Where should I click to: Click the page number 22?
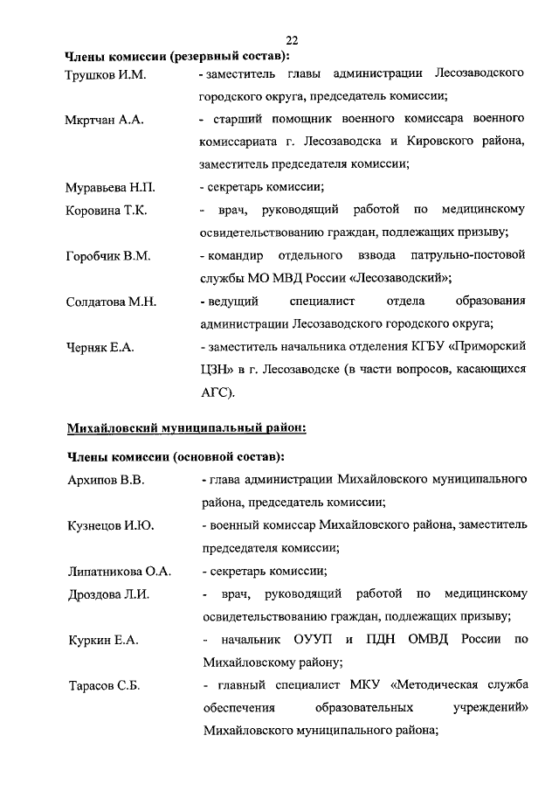[x=292, y=40]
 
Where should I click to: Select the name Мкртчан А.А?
[x=104, y=120]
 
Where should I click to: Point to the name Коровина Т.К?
[x=107, y=211]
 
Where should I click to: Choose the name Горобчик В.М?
[x=109, y=256]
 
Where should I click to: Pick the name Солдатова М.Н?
[x=111, y=302]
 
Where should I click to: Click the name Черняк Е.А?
[x=100, y=348]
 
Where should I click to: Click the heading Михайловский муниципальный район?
[x=187, y=428]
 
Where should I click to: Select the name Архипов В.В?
[x=106, y=481]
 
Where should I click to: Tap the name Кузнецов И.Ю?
[x=110, y=526]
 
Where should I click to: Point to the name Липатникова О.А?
[x=119, y=572]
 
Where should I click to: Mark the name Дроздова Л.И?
[x=108, y=595]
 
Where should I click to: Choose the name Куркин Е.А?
[x=103, y=641]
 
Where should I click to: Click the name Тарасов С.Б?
[x=105, y=686]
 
